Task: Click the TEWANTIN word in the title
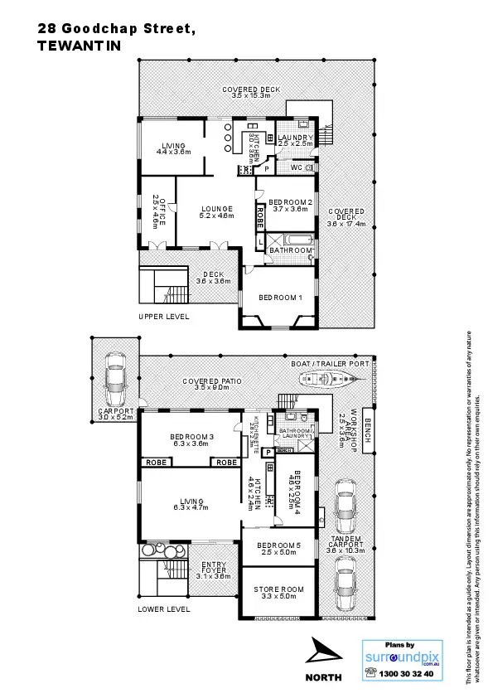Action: pyautogui.click(x=80, y=46)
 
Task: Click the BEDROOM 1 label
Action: pyautogui.click(x=280, y=298)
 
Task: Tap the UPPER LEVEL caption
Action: pyautogui.click(x=163, y=317)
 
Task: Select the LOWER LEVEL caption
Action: pyautogui.click(x=164, y=608)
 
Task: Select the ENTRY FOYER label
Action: pyautogui.click(x=215, y=570)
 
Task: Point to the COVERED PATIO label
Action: pyautogui.click(x=212, y=384)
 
